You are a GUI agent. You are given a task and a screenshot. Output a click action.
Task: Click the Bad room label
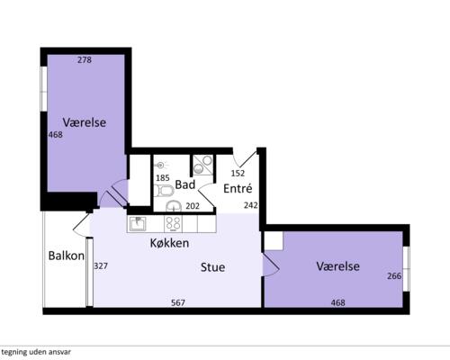[x=185, y=184]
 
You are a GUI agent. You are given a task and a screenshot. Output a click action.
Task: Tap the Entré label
[x=238, y=188]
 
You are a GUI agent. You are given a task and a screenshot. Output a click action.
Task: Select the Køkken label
[x=169, y=243]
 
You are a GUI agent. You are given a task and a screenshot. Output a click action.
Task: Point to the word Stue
[x=212, y=267]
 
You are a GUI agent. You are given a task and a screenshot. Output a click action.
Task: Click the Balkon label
[x=67, y=256]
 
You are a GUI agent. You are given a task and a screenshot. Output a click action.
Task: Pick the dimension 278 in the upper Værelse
[x=85, y=60]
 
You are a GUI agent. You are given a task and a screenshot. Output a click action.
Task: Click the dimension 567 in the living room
[x=178, y=302]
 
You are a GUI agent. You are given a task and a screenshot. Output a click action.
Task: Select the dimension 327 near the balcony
[x=101, y=266]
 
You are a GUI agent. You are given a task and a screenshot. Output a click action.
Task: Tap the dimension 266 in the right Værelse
[x=394, y=275]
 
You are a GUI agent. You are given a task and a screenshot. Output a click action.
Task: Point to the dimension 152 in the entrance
[x=238, y=173]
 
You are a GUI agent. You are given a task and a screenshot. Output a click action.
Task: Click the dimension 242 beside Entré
[x=251, y=205]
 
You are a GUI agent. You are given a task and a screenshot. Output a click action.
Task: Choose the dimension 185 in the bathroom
[x=163, y=178]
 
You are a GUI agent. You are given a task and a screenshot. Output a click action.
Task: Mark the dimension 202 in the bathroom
[x=193, y=206]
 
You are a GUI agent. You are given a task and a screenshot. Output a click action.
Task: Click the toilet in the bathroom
[x=164, y=191]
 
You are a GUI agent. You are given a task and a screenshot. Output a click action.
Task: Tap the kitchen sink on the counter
[x=138, y=224]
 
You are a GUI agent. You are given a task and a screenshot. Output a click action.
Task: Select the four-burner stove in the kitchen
[x=174, y=224]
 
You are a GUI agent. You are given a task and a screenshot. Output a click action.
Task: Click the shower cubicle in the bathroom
[x=203, y=165]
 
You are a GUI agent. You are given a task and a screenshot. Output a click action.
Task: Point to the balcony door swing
[x=82, y=223]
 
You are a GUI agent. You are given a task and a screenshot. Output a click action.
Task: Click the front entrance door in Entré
[x=245, y=159]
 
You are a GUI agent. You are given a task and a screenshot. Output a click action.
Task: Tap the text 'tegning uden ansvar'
[x=36, y=352]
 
